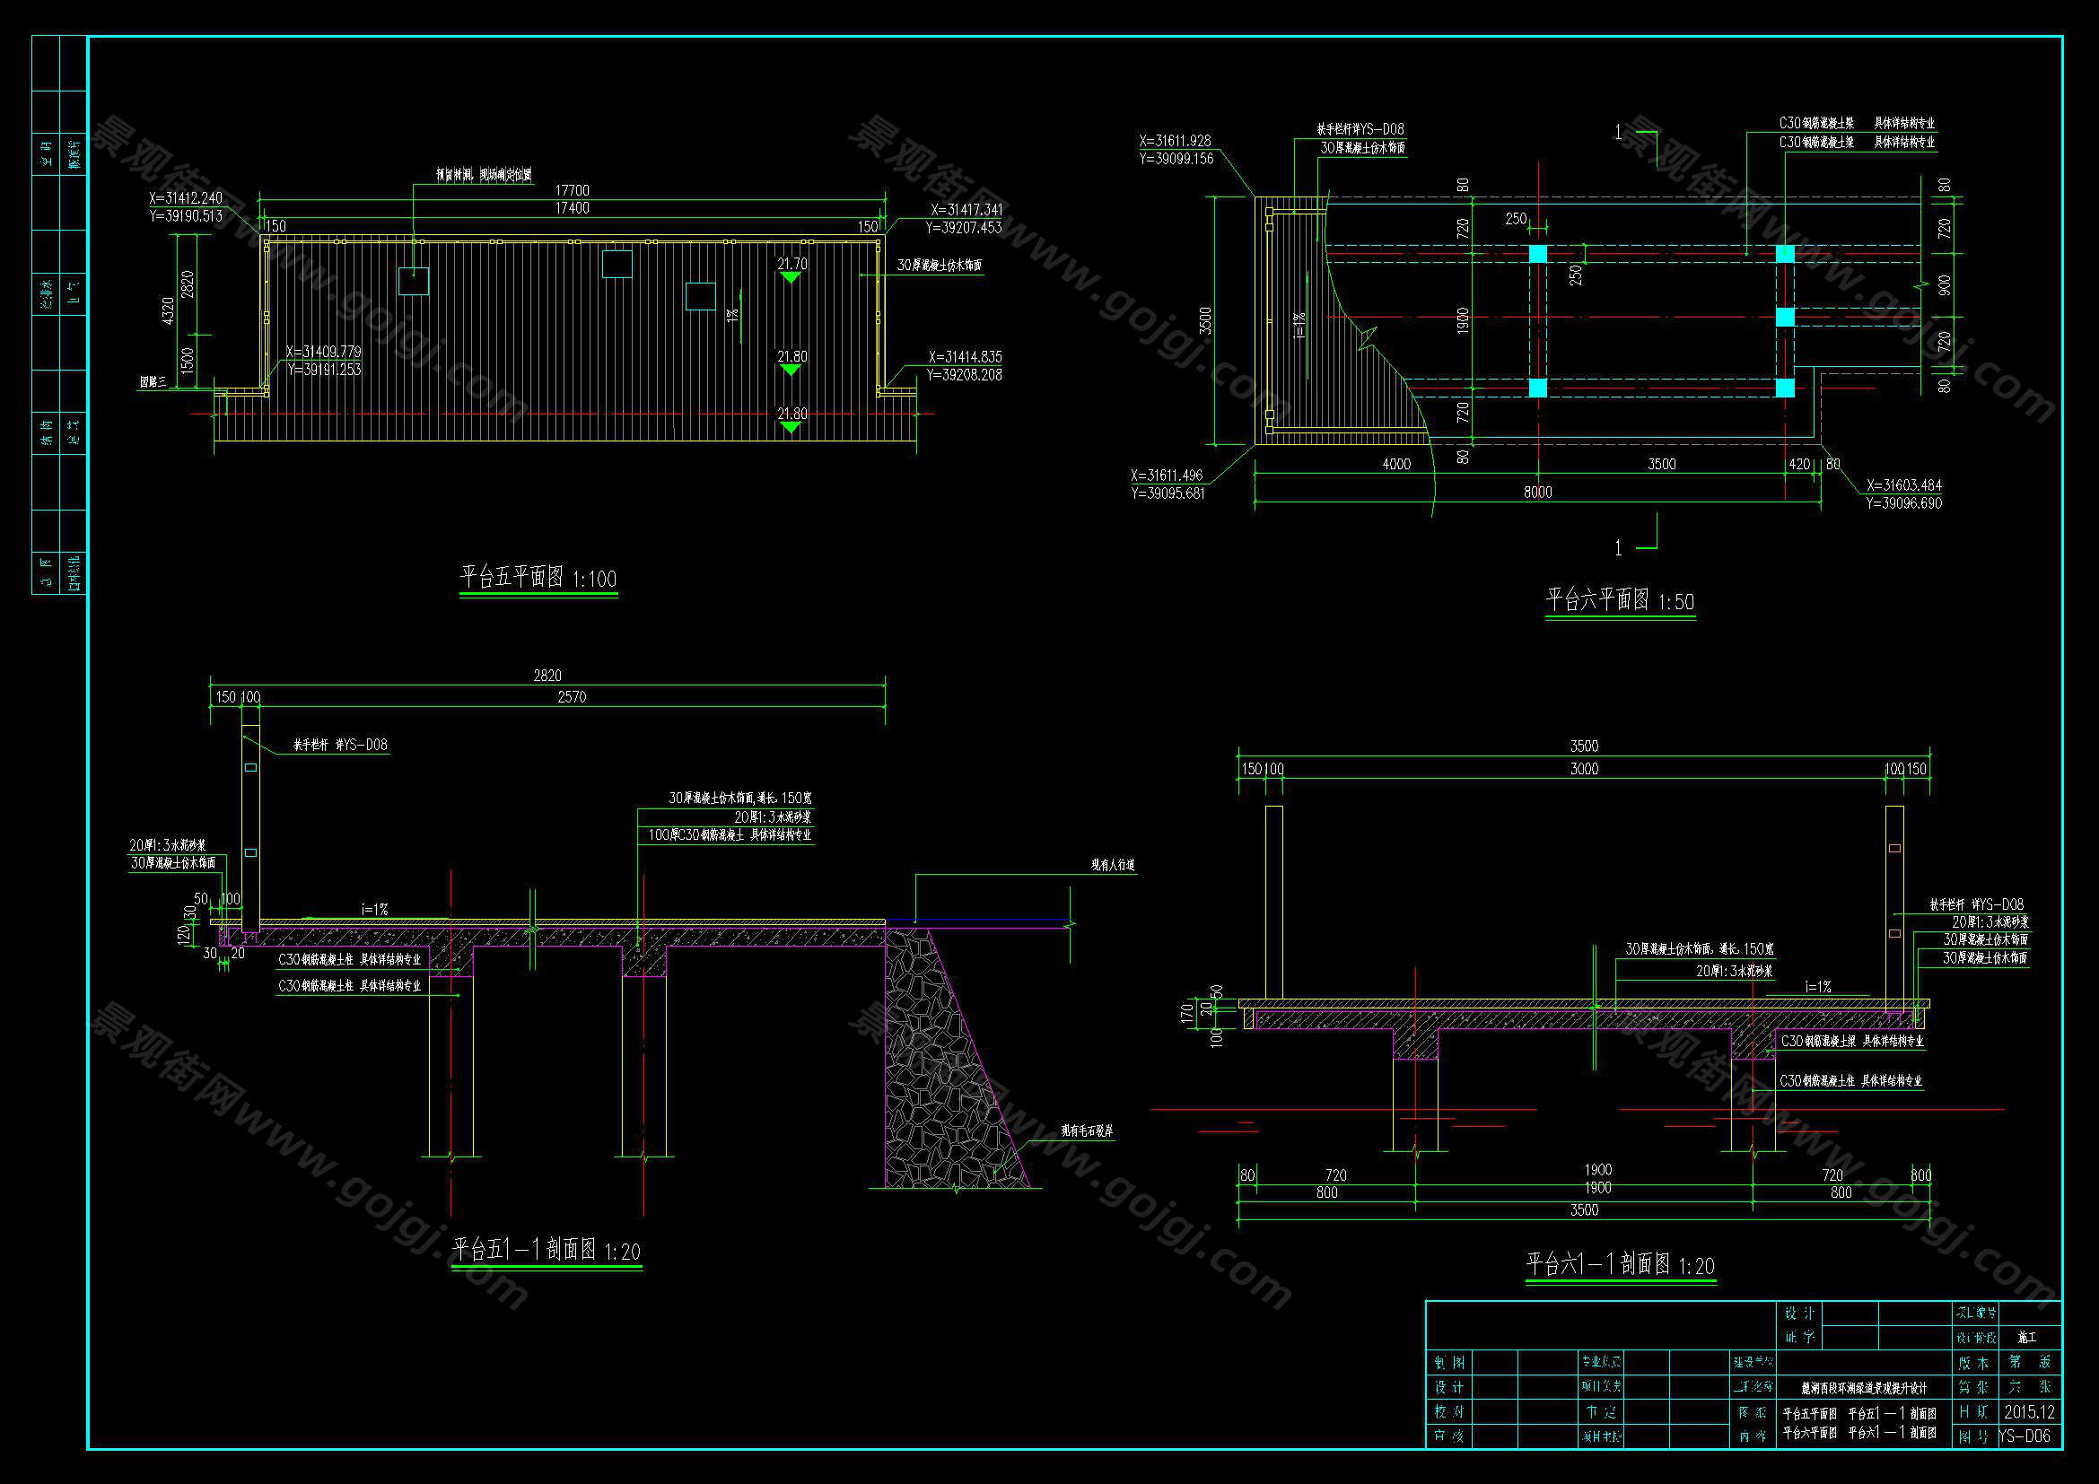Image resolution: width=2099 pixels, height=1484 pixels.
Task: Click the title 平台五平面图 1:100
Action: click(x=538, y=578)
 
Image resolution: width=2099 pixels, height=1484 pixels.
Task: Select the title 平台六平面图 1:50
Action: click(x=1620, y=600)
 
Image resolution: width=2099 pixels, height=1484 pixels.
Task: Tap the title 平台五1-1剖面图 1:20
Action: click(x=547, y=1249)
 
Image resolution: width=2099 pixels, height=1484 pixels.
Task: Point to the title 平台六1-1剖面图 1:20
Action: click(x=1620, y=1265)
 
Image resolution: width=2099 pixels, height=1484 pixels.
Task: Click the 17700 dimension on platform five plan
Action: click(x=573, y=190)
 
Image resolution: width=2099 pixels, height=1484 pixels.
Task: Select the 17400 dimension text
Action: click(x=573, y=208)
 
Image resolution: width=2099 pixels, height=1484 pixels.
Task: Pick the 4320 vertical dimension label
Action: click(x=167, y=310)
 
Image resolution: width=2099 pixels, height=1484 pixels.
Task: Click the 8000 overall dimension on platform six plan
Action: click(x=1538, y=493)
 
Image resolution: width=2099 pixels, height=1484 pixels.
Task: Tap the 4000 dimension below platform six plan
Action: click(x=1396, y=464)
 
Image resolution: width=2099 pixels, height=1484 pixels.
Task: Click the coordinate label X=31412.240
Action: click(x=186, y=198)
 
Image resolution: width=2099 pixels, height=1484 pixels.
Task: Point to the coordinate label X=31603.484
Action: click(x=1903, y=485)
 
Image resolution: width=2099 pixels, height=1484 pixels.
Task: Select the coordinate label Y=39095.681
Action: click(x=1168, y=493)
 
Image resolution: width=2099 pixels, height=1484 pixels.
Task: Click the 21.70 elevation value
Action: click(x=791, y=264)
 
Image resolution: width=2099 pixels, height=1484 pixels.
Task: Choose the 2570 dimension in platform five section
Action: click(x=572, y=697)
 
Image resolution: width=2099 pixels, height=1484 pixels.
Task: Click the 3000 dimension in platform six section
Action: click(x=1584, y=770)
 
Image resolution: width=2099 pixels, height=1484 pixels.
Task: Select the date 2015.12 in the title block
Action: click(x=2029, y=1412)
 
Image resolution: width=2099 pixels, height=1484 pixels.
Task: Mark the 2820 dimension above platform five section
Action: click(x=547, y=677)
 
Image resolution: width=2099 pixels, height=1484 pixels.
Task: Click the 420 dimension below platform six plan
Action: click(x=1798, y=464)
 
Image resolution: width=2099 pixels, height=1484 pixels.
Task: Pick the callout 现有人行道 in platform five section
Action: click(x=1112, y=864)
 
